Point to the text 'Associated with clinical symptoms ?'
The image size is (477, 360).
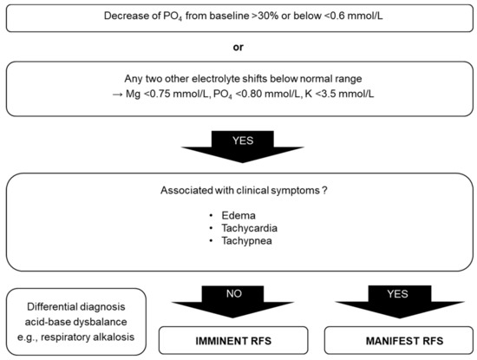(x=238, y=191)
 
